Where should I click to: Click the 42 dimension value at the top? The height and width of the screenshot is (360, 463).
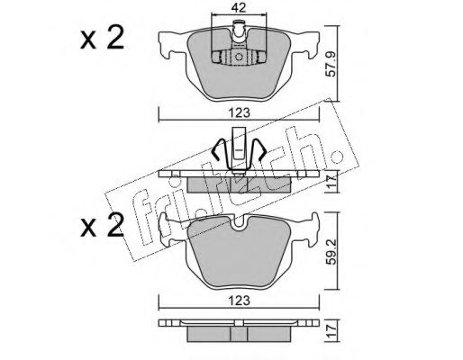[x=239, y=8]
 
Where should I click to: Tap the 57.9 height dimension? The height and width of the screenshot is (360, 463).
[x=331, y=67]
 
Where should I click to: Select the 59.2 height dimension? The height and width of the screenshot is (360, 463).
[x=332, y=250]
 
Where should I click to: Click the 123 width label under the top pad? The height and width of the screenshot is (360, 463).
[x=240, y=112]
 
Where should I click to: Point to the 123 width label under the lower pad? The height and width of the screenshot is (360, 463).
[x=240, y=301]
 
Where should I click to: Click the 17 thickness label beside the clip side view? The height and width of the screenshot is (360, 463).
[x=332, y=181]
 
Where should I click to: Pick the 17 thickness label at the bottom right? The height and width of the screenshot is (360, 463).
[x=332, y=330]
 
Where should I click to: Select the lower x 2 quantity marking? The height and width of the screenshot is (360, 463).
[x=102, y=225]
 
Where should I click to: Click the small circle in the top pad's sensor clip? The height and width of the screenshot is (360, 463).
[x=239, y=57]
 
